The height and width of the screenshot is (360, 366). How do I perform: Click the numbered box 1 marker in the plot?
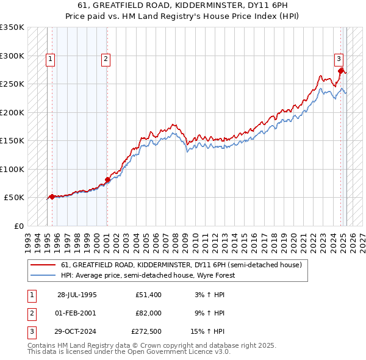point(50,59)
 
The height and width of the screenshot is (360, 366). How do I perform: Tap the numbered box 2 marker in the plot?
point(106,59)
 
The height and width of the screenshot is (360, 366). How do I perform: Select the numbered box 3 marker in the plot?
point(339,59)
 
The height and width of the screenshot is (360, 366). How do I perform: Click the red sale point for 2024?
point(341,71)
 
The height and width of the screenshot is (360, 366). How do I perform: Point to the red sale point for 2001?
point(107,179)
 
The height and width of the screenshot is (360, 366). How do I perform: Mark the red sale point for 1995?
point(52,196)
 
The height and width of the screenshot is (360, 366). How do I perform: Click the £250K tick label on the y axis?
point(12,84)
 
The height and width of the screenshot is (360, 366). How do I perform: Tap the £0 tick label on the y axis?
point(18,226)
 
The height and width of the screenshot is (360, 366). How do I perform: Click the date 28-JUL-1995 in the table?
point(77,295)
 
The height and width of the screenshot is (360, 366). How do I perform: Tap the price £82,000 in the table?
point(149,313)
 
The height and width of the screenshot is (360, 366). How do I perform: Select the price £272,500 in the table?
point(146,331)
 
